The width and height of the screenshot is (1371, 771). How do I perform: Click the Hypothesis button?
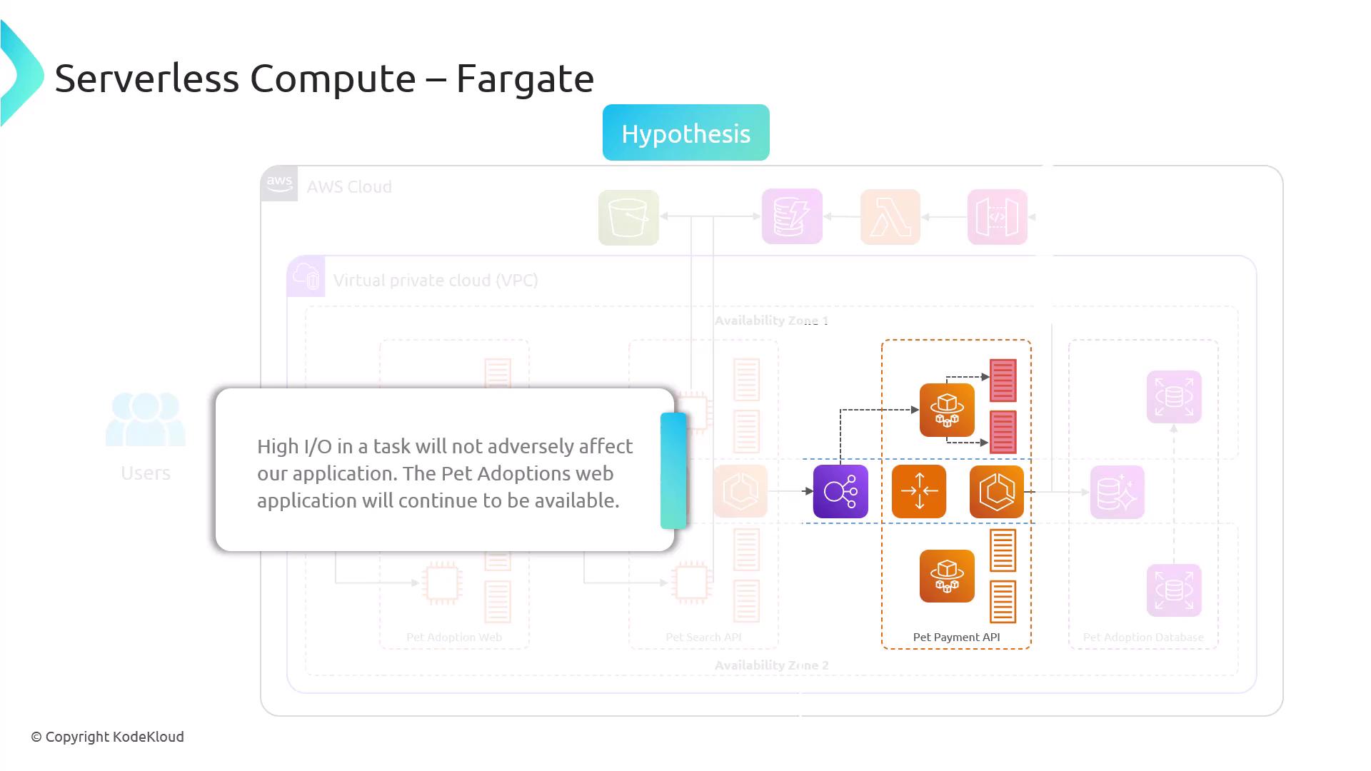coord(685,133)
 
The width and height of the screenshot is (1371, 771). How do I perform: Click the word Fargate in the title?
coord(525,79)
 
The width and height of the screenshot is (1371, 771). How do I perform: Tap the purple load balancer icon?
coord(840,492)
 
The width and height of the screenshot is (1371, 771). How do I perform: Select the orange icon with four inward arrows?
coord(919,492)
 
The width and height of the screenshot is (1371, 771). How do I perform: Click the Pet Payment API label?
coord(956,637)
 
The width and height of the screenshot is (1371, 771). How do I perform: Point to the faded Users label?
coord(146,473)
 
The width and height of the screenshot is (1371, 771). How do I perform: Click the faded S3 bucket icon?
coord(628,217)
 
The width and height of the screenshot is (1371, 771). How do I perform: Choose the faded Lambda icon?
coord(890,217)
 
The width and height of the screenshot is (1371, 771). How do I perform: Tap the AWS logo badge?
coord(279,183)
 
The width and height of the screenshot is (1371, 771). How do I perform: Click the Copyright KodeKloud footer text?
coord(107,737)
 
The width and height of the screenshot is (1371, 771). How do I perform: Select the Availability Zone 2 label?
coord(771,665)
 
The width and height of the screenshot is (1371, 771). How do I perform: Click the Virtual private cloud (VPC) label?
coord(435,280)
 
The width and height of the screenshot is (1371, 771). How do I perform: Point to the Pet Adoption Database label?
coord(1142,637)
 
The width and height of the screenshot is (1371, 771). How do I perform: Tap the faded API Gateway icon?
coord(997,217)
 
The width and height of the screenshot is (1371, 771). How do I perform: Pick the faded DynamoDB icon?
coord(792,217)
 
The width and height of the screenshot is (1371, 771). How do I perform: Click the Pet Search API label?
coord(703,637)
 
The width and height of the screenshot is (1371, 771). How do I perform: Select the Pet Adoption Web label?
coord(454,637)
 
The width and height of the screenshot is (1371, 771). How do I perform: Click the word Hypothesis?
coord(685,133)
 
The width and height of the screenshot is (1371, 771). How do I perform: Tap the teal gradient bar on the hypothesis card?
coord(673,471)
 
